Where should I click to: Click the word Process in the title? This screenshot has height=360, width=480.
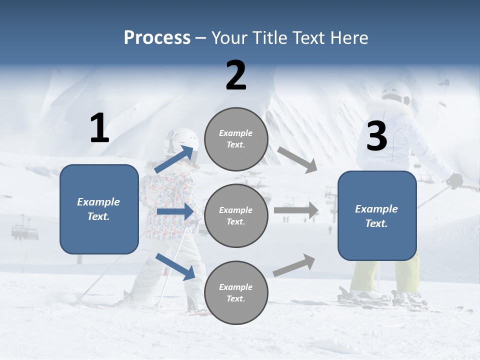[157, 38]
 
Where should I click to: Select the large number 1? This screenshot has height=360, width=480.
[99, 128]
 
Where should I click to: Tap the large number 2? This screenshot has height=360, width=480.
[236, 75]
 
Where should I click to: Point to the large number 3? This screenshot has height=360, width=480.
[376, 136]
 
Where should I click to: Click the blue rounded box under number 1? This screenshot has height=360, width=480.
[99, 209]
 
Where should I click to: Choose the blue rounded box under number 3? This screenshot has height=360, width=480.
[377, 215]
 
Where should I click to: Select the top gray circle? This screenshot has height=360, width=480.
[236, 139]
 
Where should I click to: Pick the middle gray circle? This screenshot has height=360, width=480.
[236, 215]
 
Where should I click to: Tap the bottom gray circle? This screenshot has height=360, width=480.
[236, 292]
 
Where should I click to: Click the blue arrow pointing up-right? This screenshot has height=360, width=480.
[174, 159]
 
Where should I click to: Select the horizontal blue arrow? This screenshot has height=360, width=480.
[175, 211]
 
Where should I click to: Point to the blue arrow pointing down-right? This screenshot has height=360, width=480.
[175, 266]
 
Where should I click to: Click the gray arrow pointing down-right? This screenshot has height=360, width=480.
[297, 160]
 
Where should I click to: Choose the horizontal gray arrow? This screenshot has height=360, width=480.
[296, 210]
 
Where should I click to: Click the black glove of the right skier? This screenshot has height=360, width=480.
[454, 180]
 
